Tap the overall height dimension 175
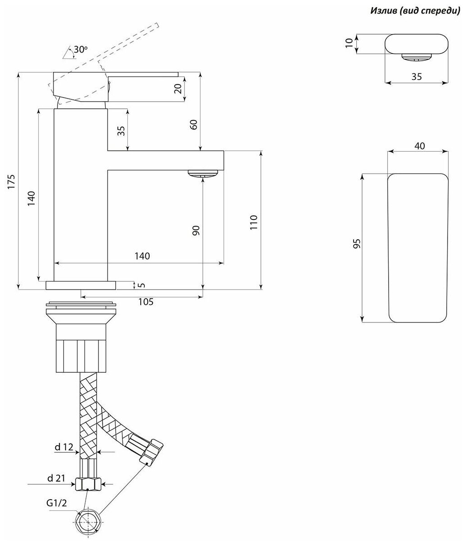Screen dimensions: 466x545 click(12, 181)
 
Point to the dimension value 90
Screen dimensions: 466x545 click(196, 231)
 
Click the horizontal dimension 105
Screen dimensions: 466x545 click(145, 302)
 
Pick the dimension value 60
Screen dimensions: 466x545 click(193, 125)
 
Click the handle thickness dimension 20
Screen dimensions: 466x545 click(179, 88)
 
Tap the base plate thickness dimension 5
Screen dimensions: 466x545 click(142, 285)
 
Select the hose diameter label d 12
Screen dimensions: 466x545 click(64, 447)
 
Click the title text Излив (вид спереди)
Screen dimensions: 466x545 click(415, 10)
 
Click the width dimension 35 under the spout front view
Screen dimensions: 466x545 click(417, 76)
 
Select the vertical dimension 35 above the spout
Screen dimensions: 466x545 click(121, 130)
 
